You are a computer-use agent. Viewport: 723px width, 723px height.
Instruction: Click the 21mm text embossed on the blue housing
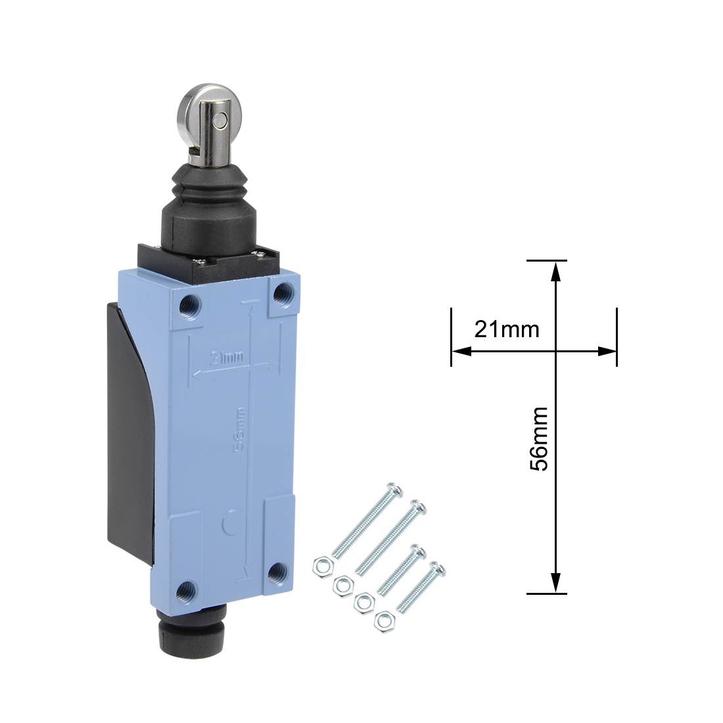tap(226, 358)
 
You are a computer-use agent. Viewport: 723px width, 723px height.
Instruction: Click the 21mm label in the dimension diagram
tap(507, 329)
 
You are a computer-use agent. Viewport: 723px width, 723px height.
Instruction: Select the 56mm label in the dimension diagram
tap(540, 439)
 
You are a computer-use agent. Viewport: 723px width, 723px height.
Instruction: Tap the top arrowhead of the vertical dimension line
tap(556, 270)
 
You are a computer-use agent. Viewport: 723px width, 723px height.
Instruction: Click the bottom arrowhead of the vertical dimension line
tap(556, 583)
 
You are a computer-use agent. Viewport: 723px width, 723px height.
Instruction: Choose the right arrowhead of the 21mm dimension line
tap(608, 352)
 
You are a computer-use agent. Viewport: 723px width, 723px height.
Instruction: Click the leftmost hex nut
tap(322, 564)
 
